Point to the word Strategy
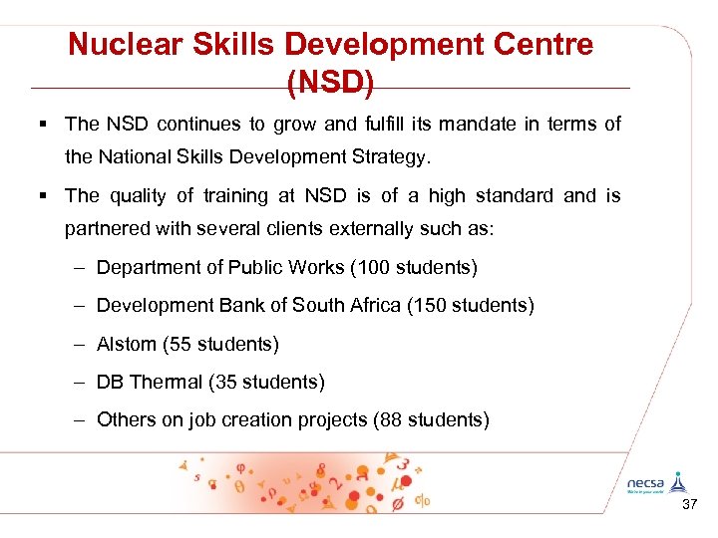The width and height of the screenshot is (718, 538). [x=388, y=156]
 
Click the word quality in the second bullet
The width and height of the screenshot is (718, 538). [x=137, y=196]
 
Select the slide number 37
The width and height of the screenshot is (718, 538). [x=688, y=506]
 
